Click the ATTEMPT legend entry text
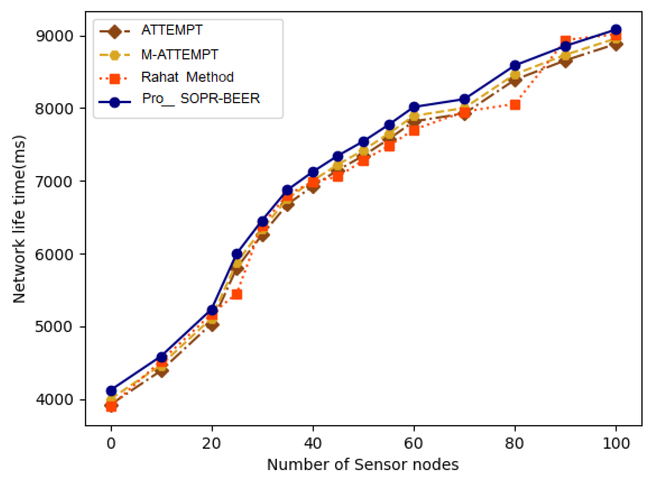[172, 30]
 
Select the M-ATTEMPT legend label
[180, 55]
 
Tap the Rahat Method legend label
[187, 77]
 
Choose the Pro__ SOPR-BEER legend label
[201, 98]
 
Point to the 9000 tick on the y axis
[54, 36]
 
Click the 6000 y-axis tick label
[54, 255]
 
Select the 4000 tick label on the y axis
[54, 400]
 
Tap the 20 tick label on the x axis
[212, 444]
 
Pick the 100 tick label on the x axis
[616, 444]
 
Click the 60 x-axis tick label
[413, 444]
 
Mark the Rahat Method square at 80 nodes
[515, 105]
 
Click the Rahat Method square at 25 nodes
[237, 294]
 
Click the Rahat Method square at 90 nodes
[565, 41]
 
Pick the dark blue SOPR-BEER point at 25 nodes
[237, 254]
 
